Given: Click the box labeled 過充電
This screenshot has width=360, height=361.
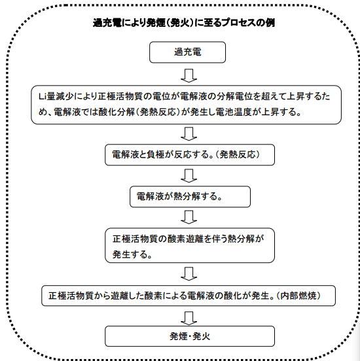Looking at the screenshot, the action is pos(187,52).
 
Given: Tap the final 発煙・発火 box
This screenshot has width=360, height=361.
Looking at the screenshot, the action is pos(190,336).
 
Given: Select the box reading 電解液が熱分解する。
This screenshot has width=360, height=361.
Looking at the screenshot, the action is pos(190,197).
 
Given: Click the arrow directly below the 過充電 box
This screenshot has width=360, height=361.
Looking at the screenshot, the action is pos(189,75).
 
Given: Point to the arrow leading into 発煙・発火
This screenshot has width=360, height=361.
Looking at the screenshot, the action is pos(189,318).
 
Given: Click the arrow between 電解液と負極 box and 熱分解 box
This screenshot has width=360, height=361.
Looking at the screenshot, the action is pos(189,176).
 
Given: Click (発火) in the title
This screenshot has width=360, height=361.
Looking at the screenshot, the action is pos(181,23).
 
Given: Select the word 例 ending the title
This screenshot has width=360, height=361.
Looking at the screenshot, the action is pos(270,23).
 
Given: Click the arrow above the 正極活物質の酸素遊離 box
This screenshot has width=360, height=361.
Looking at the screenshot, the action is pos(189,217).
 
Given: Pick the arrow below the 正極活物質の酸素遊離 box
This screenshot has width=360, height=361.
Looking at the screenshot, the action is pos(189,274).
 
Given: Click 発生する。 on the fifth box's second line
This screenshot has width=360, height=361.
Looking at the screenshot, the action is pos(132,254).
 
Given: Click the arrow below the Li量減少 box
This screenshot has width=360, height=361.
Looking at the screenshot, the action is pos(189,134).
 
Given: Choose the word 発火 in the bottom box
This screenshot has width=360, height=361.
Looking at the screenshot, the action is pos(201,336).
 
